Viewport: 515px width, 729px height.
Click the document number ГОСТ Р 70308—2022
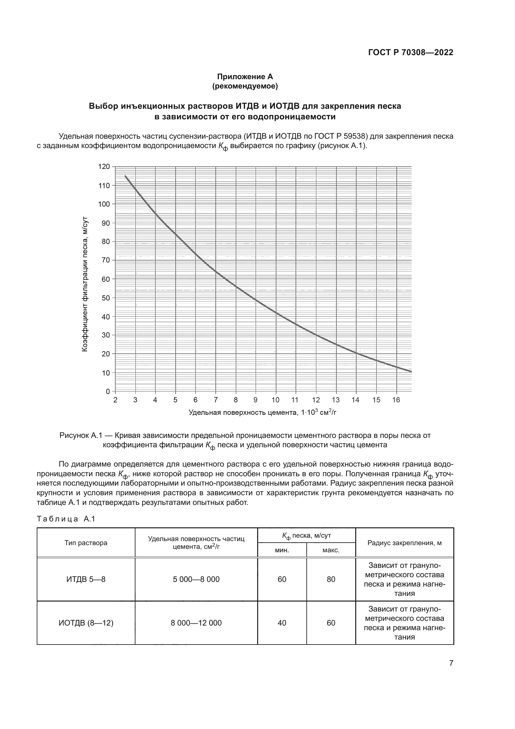click(x=410, y=53)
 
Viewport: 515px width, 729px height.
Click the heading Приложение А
click(x=245, y=77)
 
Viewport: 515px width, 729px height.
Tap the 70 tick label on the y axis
click(x=106, y=260)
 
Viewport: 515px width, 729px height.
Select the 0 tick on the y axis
click(x=108, y=391)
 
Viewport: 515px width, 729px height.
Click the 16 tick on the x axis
click(x=396, y=400)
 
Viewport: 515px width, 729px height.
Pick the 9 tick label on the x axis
click(x=256, y=400)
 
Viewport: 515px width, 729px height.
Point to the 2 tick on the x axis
click(x=116, y=400)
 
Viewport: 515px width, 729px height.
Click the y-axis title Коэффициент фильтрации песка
click(x=85, y=284)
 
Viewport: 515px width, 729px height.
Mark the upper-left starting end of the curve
click(x=125, y=176)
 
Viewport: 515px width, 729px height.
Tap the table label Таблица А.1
click(x=66, y=519)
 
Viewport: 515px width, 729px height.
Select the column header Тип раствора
click(x=86, y=543)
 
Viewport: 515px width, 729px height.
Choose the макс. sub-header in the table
click(x=331, y=550)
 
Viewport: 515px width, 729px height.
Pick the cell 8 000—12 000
click(x=196, y=623)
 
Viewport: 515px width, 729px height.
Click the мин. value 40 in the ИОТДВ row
click(x=282, y=623)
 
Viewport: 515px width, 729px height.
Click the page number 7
click(x=451, y=663)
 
